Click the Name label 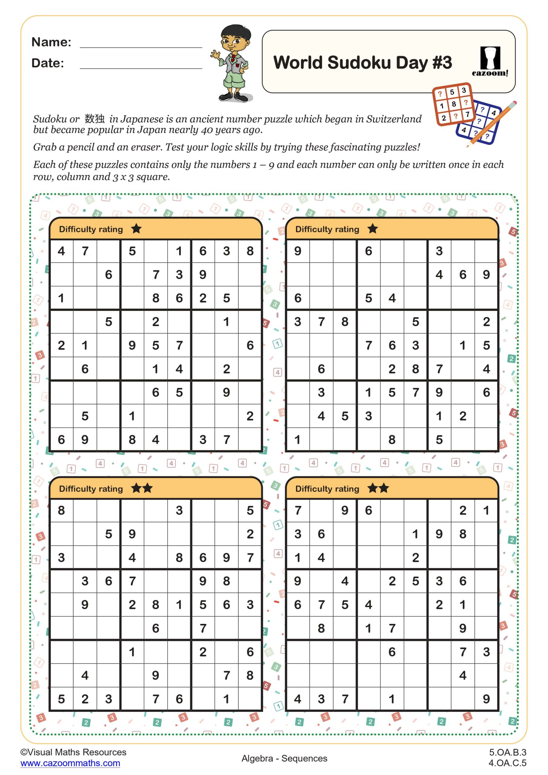coord(51,42)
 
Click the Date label coord(48,63)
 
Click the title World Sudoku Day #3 coord(363,62)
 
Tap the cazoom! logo coord(490,62)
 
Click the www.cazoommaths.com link coord(70,763)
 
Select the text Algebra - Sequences coord(284,758)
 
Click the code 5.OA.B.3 coord(507,752)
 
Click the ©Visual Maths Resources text coord(73,752)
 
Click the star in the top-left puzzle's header coord(136,229)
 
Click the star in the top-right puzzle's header coord(372,229)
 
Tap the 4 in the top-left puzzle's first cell coord(61,251)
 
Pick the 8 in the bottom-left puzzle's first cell coord(61,510)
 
